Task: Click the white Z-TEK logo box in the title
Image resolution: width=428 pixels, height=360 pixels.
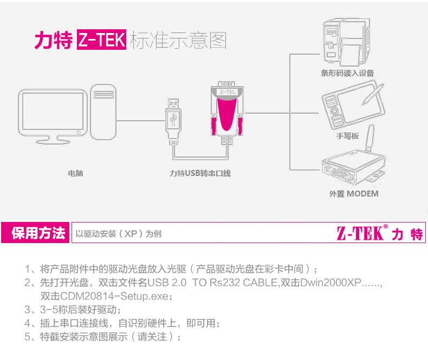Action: [x=101, y=40]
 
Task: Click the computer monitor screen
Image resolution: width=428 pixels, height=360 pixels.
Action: [x=53, y=112]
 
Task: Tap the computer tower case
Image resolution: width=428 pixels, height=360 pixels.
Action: [x=103, y=112]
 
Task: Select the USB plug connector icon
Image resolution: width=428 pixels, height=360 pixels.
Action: [x=173, y=122]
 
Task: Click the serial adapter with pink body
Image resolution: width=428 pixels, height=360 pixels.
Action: [x=227, y=113]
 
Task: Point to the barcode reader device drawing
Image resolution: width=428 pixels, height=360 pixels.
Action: [x=346, y=42]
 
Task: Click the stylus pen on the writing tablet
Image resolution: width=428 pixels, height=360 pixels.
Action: [x=373, y=94]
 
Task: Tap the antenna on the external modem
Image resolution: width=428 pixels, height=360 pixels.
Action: [x=370, y=138]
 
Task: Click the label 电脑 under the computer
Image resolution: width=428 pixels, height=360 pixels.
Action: [x=76, y=173]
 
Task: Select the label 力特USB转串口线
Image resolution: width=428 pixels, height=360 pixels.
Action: [x=200, y=173]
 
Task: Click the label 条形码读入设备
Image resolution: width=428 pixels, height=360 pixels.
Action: [x=347, y=73]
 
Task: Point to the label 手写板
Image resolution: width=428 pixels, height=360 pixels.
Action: [x=347, y=136]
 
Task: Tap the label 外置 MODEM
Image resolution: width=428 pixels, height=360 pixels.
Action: [x=354, y=194]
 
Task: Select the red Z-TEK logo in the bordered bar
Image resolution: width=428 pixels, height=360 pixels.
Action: [x=380, y=233]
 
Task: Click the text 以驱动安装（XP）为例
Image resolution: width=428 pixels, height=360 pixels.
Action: [x=119, y=234]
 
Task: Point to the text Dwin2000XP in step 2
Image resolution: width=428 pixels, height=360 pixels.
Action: [x=330, y=283]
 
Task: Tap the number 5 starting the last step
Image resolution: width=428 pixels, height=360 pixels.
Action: [x=28, y=337]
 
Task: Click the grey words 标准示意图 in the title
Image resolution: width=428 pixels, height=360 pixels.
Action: [x=178, y=40]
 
